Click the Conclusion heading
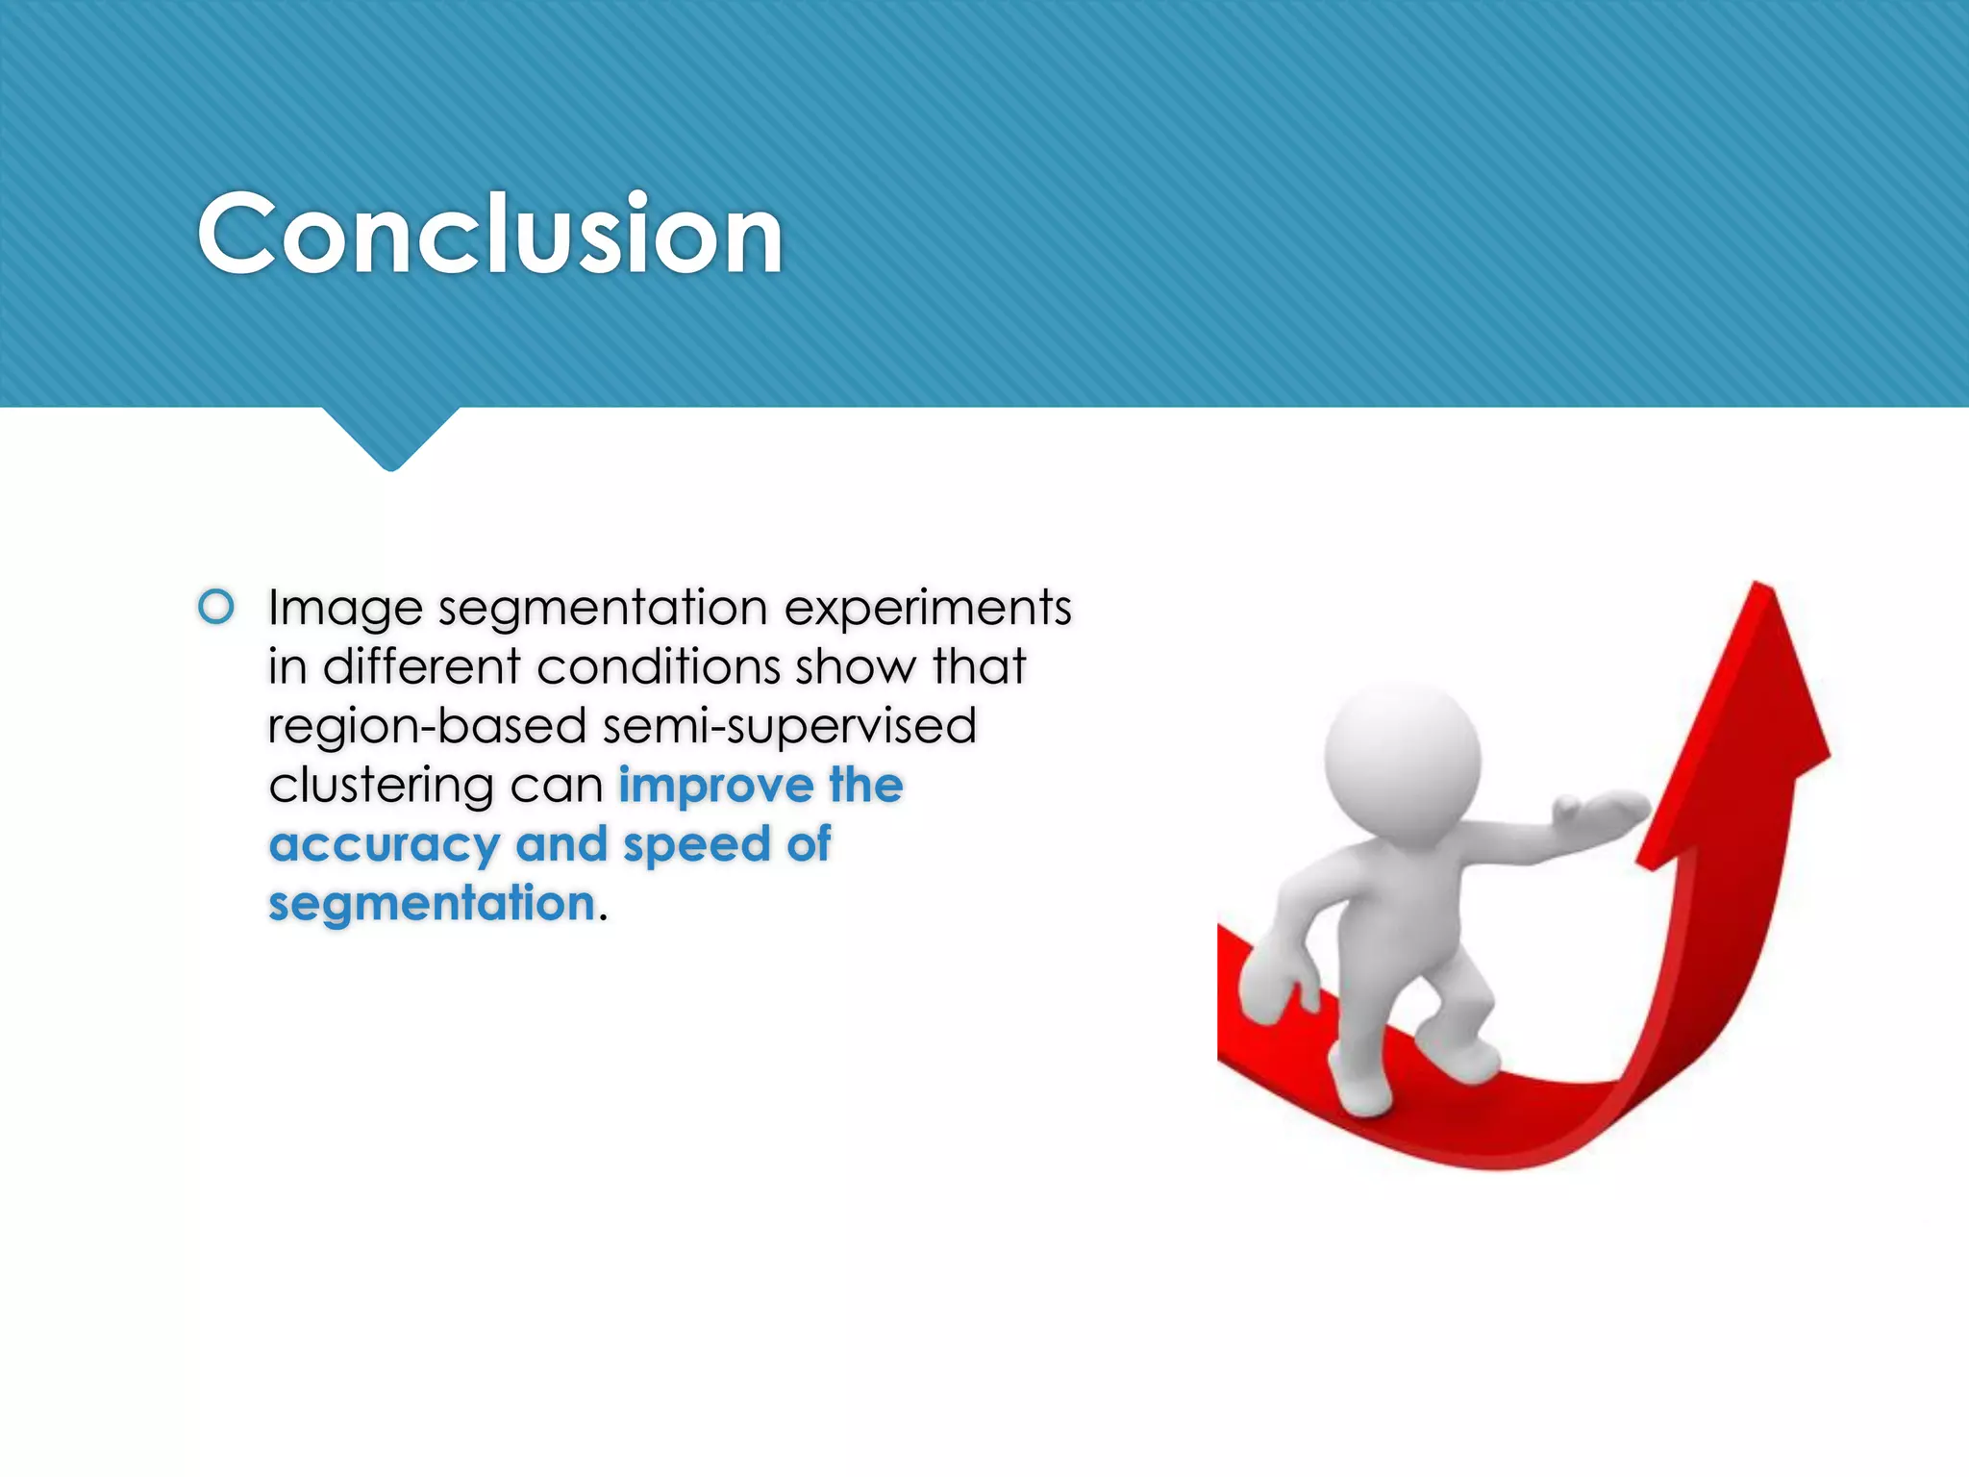[x=490, y=234]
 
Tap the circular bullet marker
[x=216, y=607]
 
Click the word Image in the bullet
[x=345, y=609]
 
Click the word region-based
[x=427, y=727]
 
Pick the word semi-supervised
[x=789, y=727]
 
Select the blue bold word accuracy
[x=384, y=846]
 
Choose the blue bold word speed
[x=697, y=846]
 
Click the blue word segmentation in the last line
[x=432, y=904]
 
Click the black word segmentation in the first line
[x=603, y=609]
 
